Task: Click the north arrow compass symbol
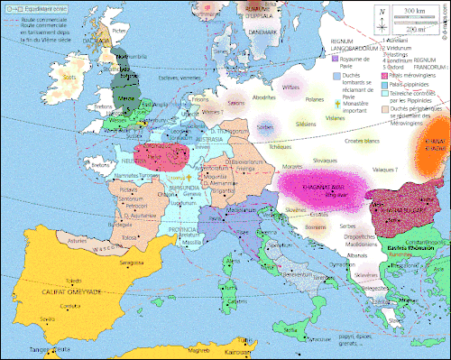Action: pos(383,15)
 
